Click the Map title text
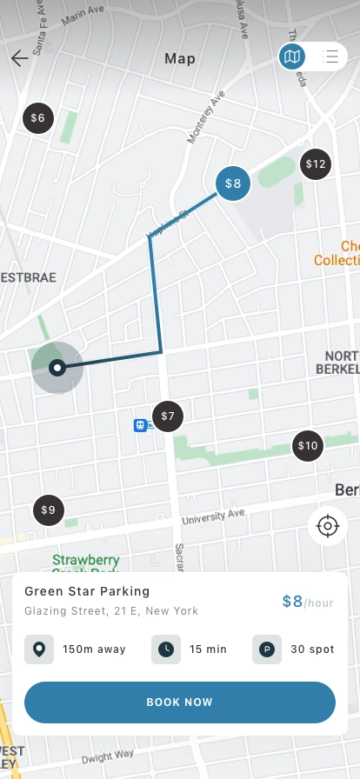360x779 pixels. tap(180, 59)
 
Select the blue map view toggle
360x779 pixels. tap(292, 57)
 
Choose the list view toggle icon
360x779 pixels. tap(330, 57)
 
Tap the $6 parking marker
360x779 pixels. tap(37, 117)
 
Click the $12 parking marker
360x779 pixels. tap(316, 163)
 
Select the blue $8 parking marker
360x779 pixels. tap(233, 183)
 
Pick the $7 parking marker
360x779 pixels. tap(168, 416)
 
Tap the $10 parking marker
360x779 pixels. tap(308, 446)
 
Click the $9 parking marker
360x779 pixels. tap(48, 510)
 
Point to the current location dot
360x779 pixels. tap(57, 368)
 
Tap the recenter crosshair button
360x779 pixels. tap(328, 526)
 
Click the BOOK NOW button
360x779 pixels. tap(180, 702)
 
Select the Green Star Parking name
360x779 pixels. tap(87, 591)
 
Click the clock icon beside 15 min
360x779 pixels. tap(165, 649)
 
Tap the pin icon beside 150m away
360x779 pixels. tap(38, 649)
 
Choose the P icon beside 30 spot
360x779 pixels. tap(266, 649)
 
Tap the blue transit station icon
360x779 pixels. tap(139, 425)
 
